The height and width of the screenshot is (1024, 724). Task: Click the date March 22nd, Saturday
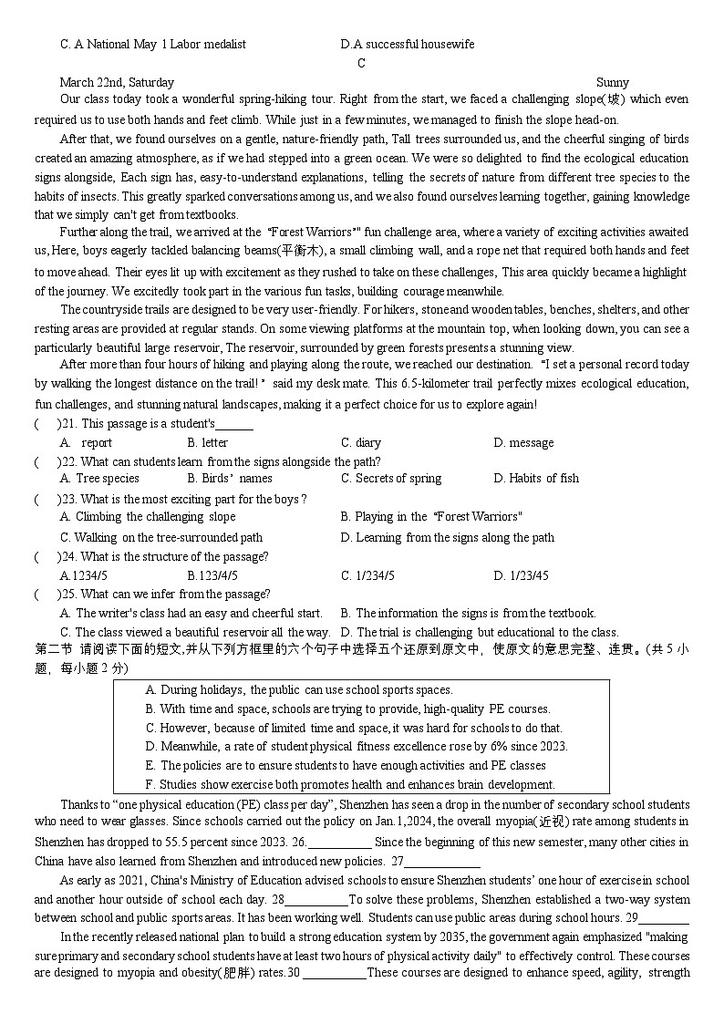[117, 82]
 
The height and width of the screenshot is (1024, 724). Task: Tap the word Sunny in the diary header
[613, 82]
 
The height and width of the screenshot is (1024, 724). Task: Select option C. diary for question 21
[361, 442]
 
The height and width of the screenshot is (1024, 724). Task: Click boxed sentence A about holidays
[299, 689]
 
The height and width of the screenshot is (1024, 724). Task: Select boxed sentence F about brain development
[349, 784]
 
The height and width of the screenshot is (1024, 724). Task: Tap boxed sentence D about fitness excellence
[357, 746]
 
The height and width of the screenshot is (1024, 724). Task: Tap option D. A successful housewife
[407, 44]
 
